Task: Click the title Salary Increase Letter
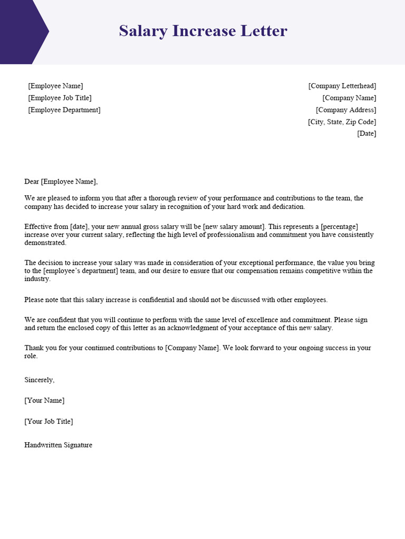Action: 203,31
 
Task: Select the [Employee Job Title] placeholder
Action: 60,98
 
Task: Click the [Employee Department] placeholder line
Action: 64,110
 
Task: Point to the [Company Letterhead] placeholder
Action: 342,86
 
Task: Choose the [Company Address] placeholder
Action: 346,110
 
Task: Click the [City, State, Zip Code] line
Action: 342,122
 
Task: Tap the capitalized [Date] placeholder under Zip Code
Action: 367,134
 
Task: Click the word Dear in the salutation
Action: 32,182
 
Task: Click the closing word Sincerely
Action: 39,380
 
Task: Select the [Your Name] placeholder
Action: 44,401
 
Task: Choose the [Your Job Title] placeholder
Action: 49,422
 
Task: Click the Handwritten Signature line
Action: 58,445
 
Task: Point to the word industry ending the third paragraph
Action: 37,279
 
